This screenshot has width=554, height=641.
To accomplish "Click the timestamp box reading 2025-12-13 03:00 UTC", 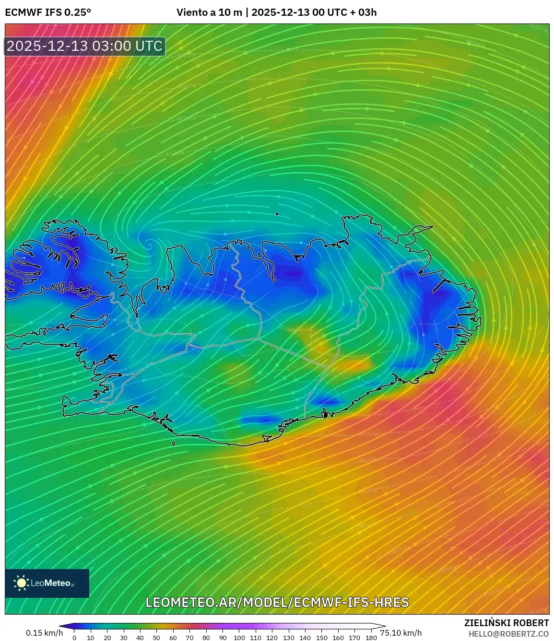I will click(x=85, y=46).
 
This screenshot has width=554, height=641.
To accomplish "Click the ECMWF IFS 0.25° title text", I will click(x=48, y=12).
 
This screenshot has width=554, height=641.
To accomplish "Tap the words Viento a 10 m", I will click(x=209, y=12).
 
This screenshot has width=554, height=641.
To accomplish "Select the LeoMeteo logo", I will click(x=47, y=583).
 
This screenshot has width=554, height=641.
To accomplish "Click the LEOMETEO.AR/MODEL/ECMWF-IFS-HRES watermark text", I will click(x=277, y=602).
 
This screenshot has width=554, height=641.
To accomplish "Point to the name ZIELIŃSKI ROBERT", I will click(x=506, y=623).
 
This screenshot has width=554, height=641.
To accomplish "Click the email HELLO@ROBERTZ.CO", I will click(x=508, y=634).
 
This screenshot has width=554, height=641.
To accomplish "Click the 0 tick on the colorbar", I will click(x=74, y=638).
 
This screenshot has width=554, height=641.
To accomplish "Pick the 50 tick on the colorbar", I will click(x=156, y=638).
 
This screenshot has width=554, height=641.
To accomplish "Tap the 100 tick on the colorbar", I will click(x=239, y=638).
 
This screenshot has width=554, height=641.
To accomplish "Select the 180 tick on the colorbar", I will click(x=371, y=638).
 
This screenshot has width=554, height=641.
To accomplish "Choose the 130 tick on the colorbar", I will click(x=288, y=638).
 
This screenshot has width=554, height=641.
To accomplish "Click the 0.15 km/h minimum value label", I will click(x=44, y=633).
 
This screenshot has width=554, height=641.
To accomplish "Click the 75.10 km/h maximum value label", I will click(x=401, y=633).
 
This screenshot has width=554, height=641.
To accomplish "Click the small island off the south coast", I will click(x=174, y=444).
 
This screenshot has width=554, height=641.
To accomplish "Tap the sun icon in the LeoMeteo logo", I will click(x=22, y=583).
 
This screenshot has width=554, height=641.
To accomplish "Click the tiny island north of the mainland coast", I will click(x=277, y=214).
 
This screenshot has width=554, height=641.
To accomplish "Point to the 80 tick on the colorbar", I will click(x=206, y=638).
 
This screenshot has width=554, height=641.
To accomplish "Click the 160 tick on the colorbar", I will click(x=338, y=638).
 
